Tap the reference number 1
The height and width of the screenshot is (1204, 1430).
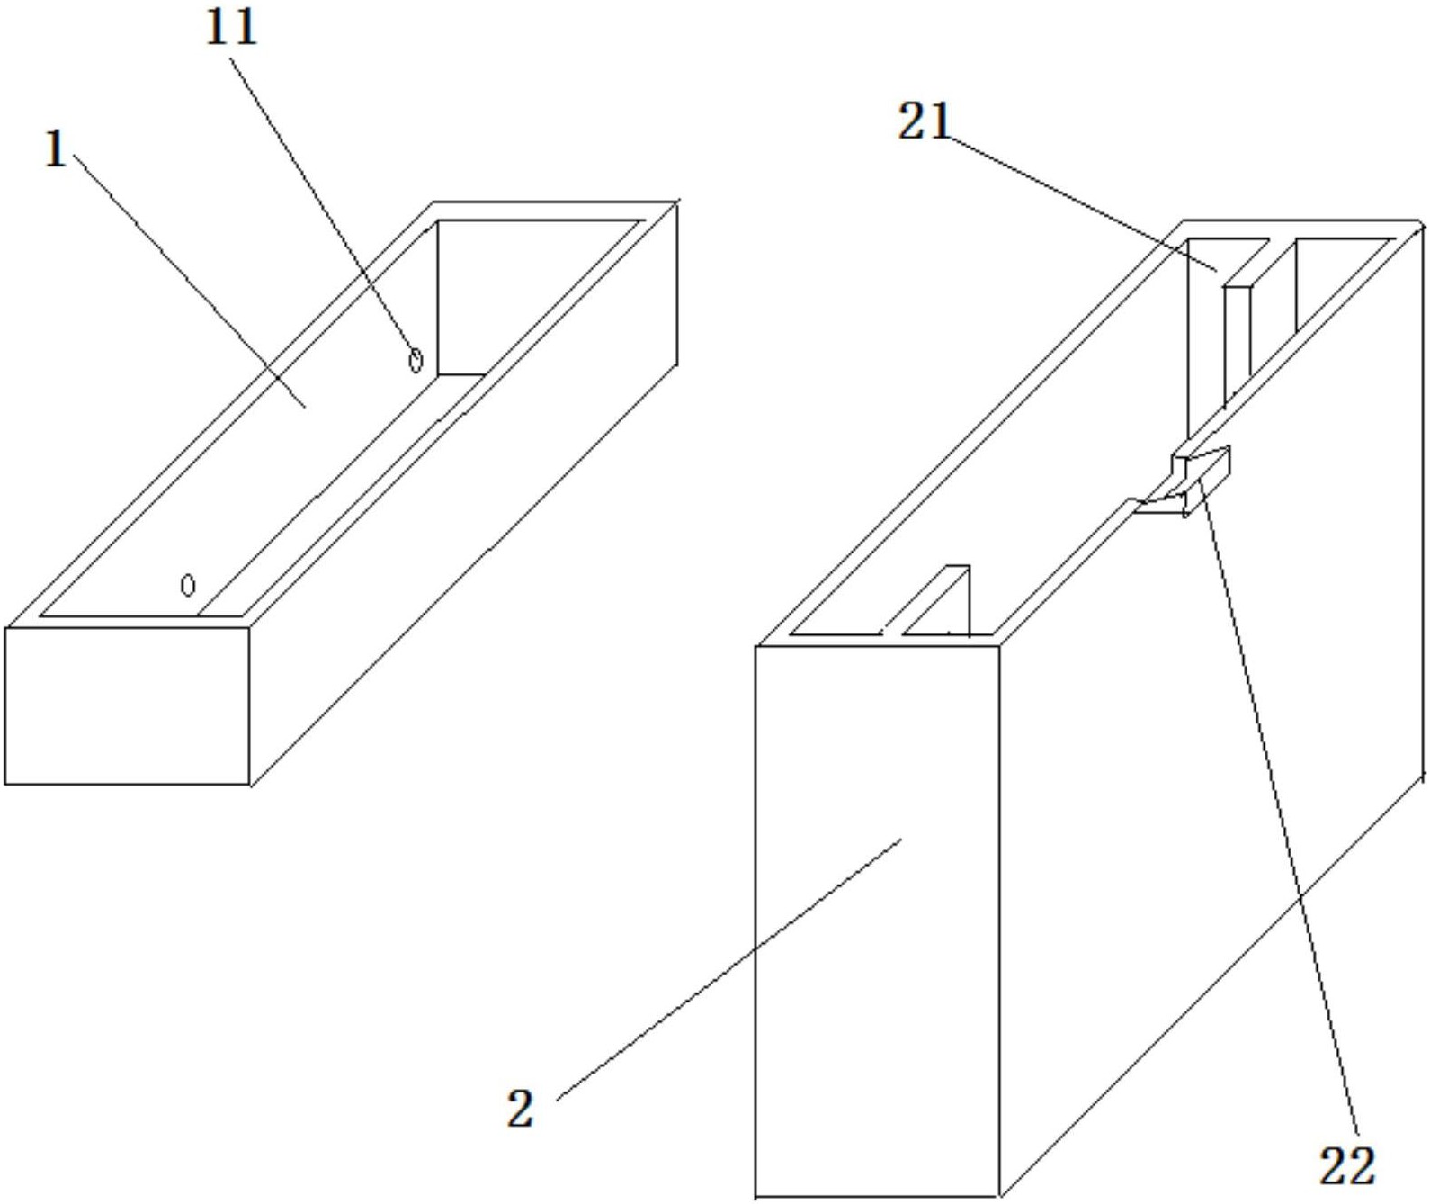click(x=56, y=150)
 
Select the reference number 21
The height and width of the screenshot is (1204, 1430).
click(x=925, y=123)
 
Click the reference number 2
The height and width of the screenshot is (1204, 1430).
click(x=521, y=1108)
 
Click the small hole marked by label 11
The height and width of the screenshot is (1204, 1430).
click(x=415, y=361)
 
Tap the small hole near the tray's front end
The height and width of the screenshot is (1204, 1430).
click(x=188, y=585)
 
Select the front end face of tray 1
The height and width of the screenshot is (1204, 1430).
click(x=128, y=706)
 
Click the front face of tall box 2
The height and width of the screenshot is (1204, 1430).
click(x=877, y=921)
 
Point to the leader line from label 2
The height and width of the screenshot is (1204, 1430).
click(x=728, y=970)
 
